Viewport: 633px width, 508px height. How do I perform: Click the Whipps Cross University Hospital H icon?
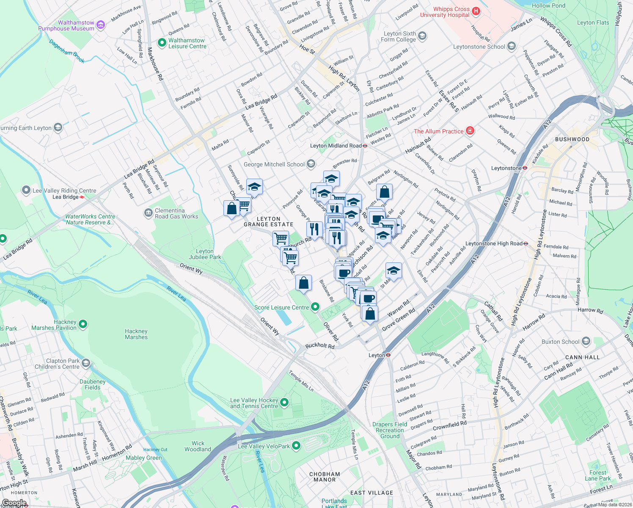[x=476, y=11]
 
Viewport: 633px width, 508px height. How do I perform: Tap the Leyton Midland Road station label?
[x=336, y=146]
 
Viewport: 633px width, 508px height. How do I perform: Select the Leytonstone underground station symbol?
[x=525, y=168]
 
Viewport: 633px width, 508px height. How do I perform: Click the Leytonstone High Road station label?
[x=494, y=243]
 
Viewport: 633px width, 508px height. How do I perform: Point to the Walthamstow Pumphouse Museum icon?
[x=101, y=25]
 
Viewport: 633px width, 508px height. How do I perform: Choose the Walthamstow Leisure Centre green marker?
[x=162, y=43]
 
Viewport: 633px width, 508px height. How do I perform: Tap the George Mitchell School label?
[x=274, y=164]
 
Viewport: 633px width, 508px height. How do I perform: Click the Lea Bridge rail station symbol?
[x=82, y=197]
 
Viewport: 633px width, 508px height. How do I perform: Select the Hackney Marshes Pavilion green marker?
[x=83, y=325]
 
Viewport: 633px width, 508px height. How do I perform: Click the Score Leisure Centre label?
[x=281, y=307]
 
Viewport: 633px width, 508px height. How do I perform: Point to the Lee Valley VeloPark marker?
[x=296, y=446]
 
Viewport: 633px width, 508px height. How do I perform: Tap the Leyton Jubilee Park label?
[x=205, y=254]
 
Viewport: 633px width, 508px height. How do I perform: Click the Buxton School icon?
[x=586, y=341]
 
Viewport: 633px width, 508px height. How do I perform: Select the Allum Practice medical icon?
[x=470, y=131]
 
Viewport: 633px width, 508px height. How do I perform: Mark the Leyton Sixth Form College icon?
[x=422, y=36]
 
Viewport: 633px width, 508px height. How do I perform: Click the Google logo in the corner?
[x=14, y=503]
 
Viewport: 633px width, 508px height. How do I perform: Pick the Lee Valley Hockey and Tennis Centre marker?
[x=284, y=403]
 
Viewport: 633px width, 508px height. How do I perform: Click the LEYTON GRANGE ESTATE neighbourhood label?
[x=268, y=221]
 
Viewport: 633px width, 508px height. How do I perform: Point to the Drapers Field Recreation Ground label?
[x=390, y=430]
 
